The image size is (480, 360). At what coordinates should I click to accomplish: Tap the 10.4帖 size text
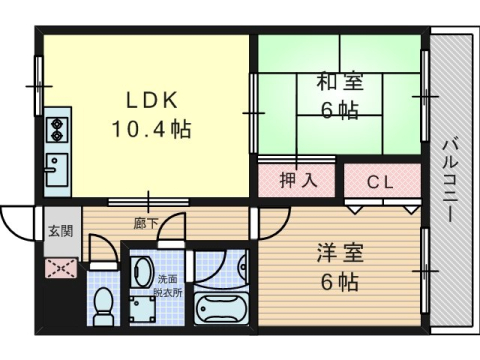pos(150,130)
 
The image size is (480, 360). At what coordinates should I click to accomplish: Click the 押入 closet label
pos(298,181)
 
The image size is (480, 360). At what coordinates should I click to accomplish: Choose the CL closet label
pos(379,182)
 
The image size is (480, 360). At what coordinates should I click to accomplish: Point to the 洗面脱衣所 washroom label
pos(169,287)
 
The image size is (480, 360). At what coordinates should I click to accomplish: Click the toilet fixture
pos(102,306)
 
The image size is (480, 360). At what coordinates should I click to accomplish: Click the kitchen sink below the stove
pos(56,165)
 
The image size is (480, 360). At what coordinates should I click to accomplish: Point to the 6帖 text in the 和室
pos(340,111)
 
